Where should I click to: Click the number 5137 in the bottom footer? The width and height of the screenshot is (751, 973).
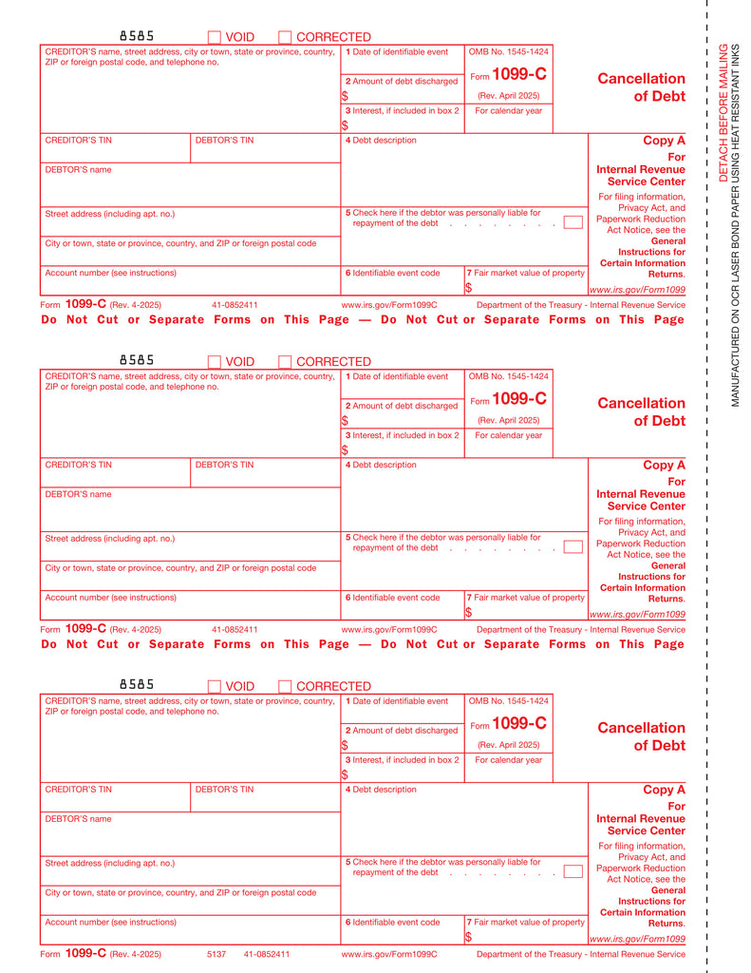[x=216, y=954]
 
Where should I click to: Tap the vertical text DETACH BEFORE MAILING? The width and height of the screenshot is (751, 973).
[x=723, y=111]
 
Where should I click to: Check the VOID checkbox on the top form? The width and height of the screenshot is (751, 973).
[x=214, y=37]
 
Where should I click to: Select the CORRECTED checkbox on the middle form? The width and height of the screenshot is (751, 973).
[x=285, y=362]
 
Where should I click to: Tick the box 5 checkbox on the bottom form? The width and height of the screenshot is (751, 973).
[x=573, y=871]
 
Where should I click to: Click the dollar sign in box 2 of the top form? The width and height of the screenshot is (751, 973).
[x=345, y=96]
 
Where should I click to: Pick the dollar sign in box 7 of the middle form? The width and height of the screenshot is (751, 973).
[x=468, y=613]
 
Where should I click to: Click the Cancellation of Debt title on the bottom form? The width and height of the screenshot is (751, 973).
[x=641, y=736]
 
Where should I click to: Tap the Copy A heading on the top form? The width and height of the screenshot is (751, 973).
[x=664, y=141]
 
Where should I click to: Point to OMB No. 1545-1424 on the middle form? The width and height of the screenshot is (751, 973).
[x=509, y=376]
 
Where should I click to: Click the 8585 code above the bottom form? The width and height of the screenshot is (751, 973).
[x=137, y=684]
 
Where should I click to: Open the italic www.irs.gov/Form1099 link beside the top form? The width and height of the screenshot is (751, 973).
[x=637, y=290]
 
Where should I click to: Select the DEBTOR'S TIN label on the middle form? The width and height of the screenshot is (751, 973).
[x=224, y=465]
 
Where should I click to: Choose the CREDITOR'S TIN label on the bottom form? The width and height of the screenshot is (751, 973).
[x=79, y=790]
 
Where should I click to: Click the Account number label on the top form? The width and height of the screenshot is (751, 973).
[x=110, y=273]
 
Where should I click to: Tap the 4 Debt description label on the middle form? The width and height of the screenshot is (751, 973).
[x=381, y=465]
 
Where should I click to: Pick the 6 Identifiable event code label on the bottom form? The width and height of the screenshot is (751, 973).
[x=392, y=923]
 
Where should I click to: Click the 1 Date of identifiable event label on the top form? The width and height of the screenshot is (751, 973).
[x=397, y=51]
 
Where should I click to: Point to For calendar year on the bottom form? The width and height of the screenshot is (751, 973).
[x=509, y=760]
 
